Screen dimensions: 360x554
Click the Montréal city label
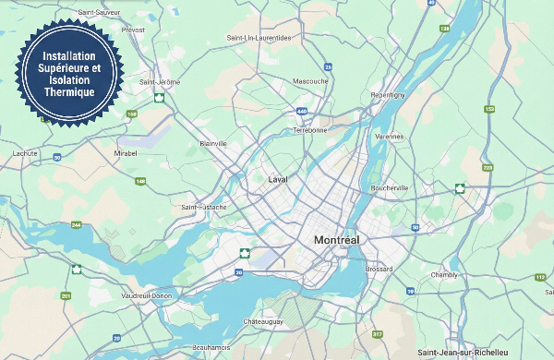336,240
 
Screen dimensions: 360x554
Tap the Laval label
278,179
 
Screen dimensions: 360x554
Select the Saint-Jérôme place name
159,82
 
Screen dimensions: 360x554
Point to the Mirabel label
125,153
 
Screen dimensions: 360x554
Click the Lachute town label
25,153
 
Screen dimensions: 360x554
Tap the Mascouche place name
310,81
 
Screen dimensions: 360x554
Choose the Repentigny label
387,95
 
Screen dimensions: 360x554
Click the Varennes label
390,137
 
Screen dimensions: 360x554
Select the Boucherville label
389,188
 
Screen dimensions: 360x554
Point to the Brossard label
379,269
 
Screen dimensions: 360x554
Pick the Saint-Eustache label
204,208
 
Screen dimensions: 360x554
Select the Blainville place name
213,144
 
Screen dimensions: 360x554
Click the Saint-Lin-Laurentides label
259,38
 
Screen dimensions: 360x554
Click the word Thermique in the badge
69,92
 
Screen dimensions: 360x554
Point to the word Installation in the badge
69,56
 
